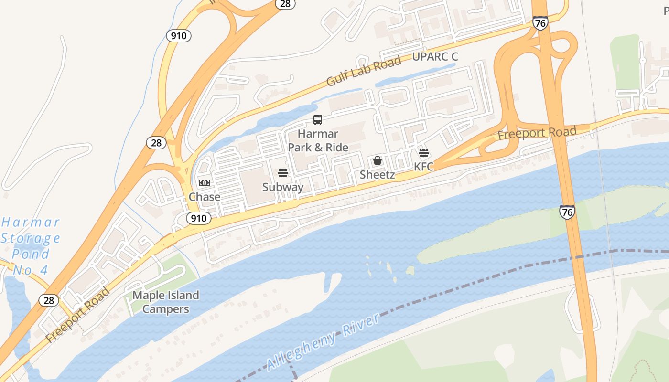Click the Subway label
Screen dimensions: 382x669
pos(283,187)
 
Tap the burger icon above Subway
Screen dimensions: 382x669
pos(283,172)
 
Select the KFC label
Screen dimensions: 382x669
pos(424,167)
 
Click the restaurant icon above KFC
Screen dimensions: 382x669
pos(424,153)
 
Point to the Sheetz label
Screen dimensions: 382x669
pos(378,175)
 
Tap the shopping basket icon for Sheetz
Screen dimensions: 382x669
pos(378,160)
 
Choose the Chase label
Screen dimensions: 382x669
pos(205,197)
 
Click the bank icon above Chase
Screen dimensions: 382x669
pos(205,183)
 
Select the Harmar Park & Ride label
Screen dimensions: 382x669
pos(318,140)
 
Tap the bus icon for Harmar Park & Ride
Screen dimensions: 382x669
pos(318,120)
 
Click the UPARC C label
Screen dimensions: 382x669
pos(435,57)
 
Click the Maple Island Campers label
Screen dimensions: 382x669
pos(165,302)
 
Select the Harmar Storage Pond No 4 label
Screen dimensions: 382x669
pos(31,246)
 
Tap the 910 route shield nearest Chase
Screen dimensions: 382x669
pos(198,218)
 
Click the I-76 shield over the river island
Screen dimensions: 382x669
pos(567,212)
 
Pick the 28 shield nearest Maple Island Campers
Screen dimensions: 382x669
pos(49,300)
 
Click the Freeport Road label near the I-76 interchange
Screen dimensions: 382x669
pos(537,133)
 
